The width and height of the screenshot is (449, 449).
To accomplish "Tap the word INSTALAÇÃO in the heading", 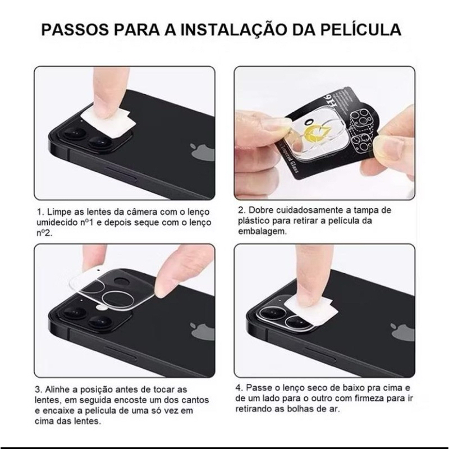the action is click(x=233, y=29).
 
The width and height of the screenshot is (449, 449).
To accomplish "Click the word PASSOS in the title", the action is click(x=75, y=30).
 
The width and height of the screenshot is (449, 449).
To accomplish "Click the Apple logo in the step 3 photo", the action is click(x=203, y=331).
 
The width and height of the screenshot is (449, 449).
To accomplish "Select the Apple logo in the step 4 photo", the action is click(x=403, y=332).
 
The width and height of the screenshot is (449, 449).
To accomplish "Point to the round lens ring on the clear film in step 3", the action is click(x=118, y=301).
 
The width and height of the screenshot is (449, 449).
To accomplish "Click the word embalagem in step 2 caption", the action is click(x=262, y=231).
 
